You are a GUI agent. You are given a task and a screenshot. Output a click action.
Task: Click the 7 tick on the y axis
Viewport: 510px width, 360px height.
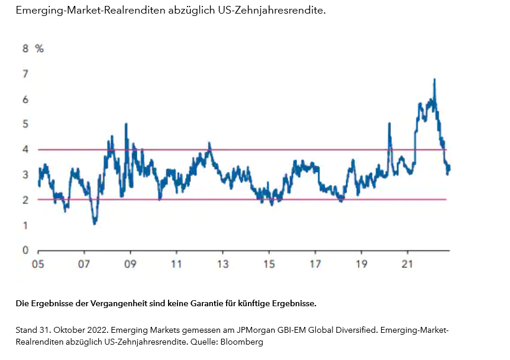pos(25,74)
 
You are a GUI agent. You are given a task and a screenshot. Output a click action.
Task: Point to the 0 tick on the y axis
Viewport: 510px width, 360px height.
pos(25,250)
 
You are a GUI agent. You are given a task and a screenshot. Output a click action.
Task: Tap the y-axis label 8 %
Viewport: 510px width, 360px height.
pos(33,48)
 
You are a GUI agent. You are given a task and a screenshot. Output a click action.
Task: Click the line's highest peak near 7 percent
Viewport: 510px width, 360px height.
pos(435,79)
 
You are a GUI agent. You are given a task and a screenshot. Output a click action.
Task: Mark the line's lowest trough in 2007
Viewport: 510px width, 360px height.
pos(94,223)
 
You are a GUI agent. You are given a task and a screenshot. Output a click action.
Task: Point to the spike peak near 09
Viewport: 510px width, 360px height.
pos(126,124)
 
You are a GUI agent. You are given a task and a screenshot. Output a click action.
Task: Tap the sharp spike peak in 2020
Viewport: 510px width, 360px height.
pos(389,124)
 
